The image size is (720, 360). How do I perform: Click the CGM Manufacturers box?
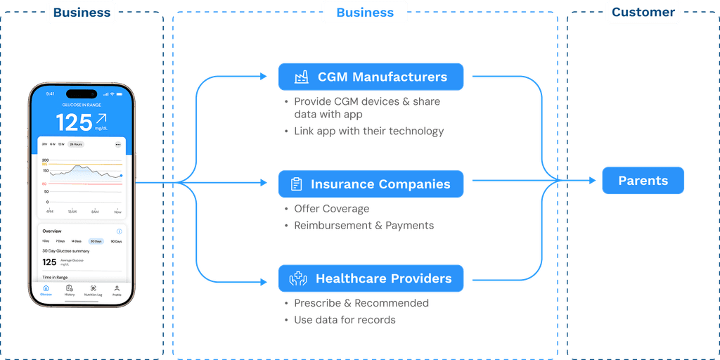(x=371, y=77)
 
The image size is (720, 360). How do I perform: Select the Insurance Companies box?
(x=371, y=184)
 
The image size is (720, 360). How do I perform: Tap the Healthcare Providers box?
(x=371, y=278)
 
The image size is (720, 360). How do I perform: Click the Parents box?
(x=643, y=181)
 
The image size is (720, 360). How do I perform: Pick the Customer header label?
(x=643, y=12)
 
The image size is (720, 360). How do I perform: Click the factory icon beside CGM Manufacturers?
(x=302, y=77)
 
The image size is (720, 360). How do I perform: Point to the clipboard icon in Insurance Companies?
(x=297, y=184)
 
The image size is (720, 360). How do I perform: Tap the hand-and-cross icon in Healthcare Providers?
(x=298, y=278)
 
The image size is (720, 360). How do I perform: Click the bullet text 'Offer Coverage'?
(x=331, y=209)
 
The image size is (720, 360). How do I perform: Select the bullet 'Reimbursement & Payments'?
(x=364, y=226)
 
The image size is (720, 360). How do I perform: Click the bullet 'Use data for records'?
(x=345, y=320)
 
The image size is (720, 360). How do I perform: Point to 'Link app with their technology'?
(x=369, y=131)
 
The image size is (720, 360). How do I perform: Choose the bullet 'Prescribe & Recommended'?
(x=361, y=303)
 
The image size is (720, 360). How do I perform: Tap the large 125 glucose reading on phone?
(x=75, y=122)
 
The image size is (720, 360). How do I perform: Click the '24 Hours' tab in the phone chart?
(x=75, y=144)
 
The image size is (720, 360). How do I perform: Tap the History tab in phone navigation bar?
(x=70, y=290)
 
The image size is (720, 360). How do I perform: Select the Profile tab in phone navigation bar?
(x=117, y=290)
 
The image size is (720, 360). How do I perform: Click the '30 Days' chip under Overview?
(x=96, y=241)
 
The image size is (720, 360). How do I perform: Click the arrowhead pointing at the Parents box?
(x=593, y=181)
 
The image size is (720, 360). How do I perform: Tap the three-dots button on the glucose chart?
(x=118, y=144)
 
